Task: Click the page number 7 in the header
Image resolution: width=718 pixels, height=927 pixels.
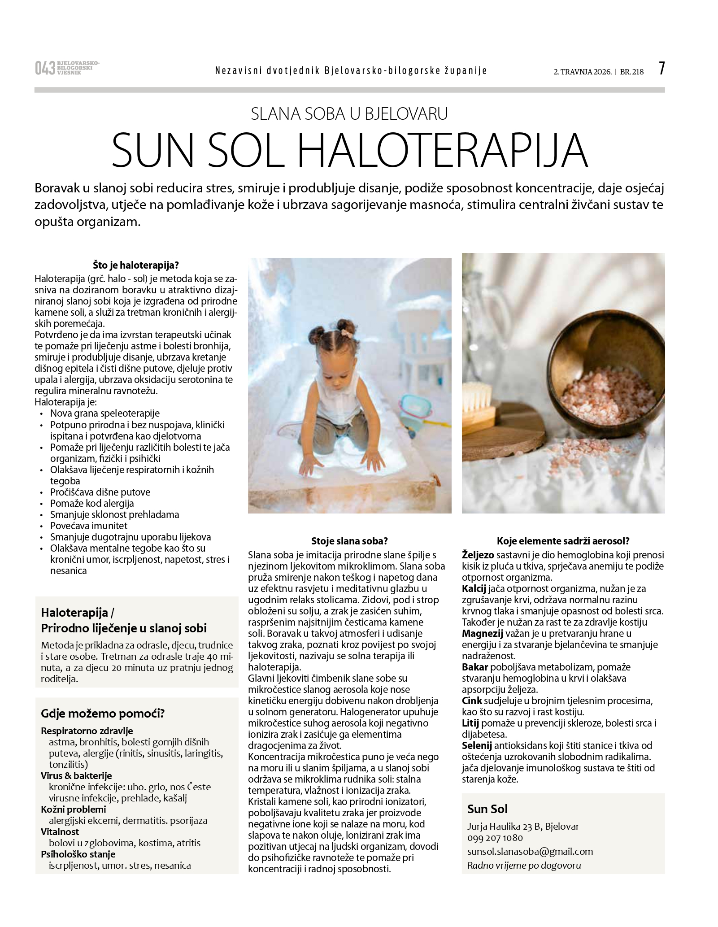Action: [x=661, y=69]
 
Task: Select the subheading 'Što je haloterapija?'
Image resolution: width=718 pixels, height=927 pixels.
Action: [x=136, y=265]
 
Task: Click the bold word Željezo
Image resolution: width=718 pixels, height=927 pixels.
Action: [x=478, y=555]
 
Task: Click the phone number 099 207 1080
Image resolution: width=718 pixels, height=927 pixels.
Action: [x=495, y=837]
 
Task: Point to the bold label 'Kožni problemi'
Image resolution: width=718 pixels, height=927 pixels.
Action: [x=74, y=809]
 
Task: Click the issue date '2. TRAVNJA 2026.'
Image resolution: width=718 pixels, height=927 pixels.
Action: [x=583, y=72]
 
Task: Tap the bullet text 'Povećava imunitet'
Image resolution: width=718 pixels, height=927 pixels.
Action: [x=89, y=526]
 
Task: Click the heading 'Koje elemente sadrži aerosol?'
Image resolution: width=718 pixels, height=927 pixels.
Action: [x=563, y=541]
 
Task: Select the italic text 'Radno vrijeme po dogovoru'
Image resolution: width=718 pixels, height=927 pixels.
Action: [x=524, y=865]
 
